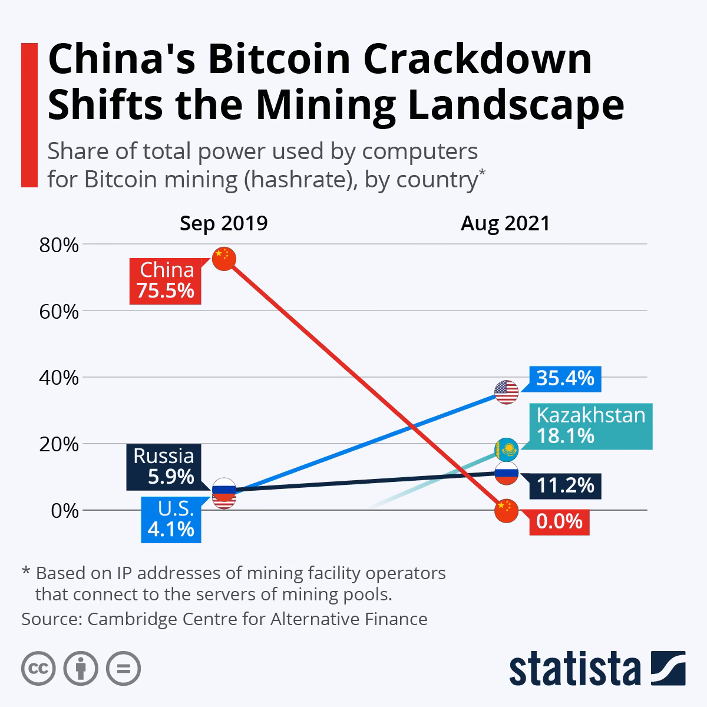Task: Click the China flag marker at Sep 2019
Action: click(224, 259)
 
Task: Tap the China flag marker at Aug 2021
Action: click(506, 511)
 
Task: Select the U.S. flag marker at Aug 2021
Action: click(506, 392)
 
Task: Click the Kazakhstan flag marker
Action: click(506, 450)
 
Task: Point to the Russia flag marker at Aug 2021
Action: click(506, 473)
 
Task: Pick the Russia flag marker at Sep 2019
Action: click(224, 490)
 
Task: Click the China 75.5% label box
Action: click(166, 280)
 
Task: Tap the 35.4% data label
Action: click(565, 378)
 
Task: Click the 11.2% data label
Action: click(565, 485)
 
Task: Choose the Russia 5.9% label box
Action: click(163, 467)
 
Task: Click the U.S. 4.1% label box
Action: click(171, 519)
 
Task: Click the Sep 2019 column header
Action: click(224, 224)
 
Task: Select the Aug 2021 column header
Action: click(506, 224)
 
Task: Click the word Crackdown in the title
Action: click(456, 61)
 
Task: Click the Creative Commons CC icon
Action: click(38, 669)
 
